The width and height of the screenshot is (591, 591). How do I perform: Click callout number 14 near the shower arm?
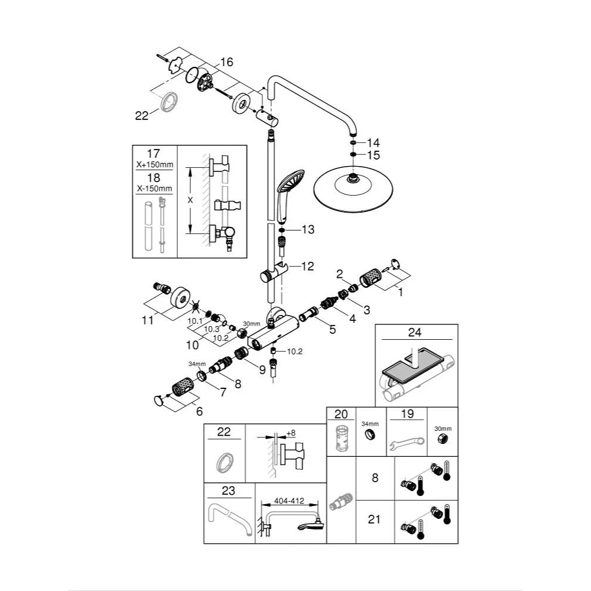click(x=373, y=142)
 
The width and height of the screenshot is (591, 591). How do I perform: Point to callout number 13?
click(x=308, y=229)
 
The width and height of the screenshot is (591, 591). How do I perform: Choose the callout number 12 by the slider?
click(x=307, y=267)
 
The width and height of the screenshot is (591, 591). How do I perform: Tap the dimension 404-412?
click(x=289, y=501)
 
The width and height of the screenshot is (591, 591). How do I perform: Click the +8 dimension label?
click(x=291, y=433)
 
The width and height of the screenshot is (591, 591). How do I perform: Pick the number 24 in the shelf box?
click(x=415, y=333)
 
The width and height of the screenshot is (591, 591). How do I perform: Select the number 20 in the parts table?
click(x=341, y=414)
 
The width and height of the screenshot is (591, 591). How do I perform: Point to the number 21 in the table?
click(x=375, y=519)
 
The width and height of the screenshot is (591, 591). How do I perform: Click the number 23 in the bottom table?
click(x=228, y=491)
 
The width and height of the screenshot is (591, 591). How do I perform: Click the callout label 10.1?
click(x=196, y=321)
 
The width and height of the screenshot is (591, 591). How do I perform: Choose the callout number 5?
click(x=332, y=330)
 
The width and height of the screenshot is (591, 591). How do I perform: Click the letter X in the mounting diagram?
click(x=190, y=200)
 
